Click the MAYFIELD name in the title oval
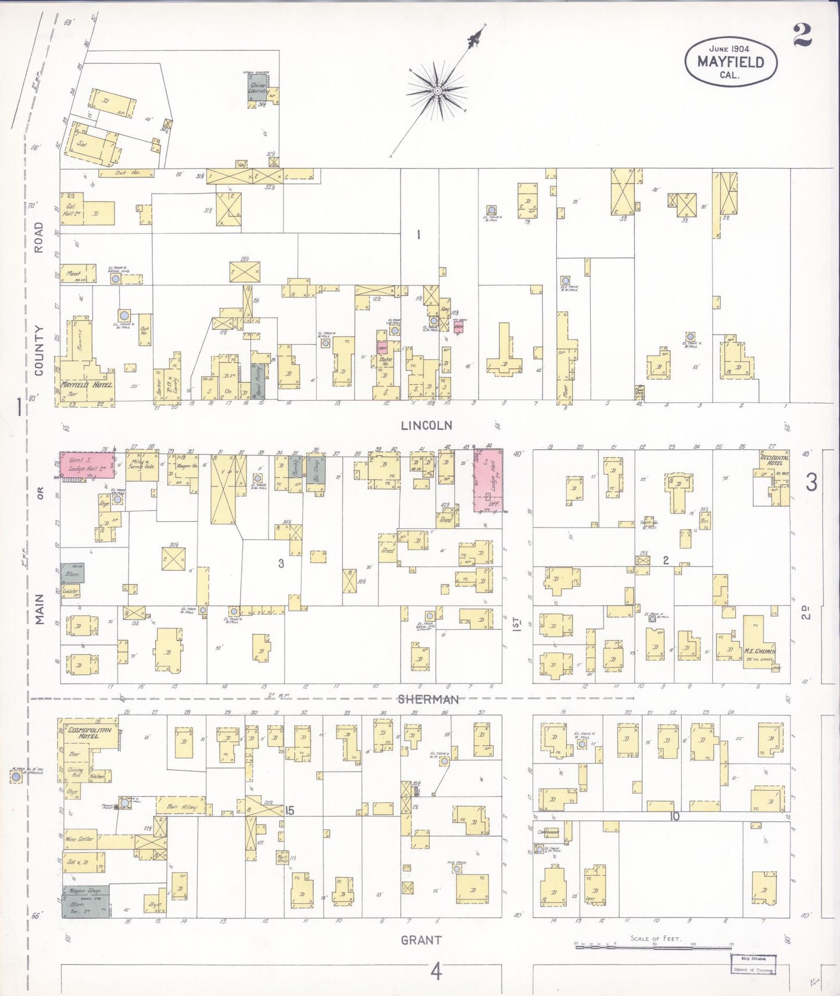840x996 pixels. [730, 62]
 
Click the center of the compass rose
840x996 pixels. [437, 91]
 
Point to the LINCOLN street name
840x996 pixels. [426, 426]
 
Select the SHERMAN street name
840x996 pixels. [428, 700]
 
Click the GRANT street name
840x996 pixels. [421, 940]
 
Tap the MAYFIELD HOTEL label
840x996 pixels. [87, 385]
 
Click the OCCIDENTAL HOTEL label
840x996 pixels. [775, 460]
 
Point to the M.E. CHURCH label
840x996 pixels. [760, 651]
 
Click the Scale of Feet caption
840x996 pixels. [656, 938]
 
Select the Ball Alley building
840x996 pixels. [181, 807]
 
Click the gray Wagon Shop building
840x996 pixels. [85, 901]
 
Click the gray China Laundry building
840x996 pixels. [258, 86]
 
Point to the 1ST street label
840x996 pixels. [517, 624]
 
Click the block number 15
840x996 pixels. [289, 811]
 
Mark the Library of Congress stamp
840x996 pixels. [753, 965]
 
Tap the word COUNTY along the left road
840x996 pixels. [39, 350]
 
